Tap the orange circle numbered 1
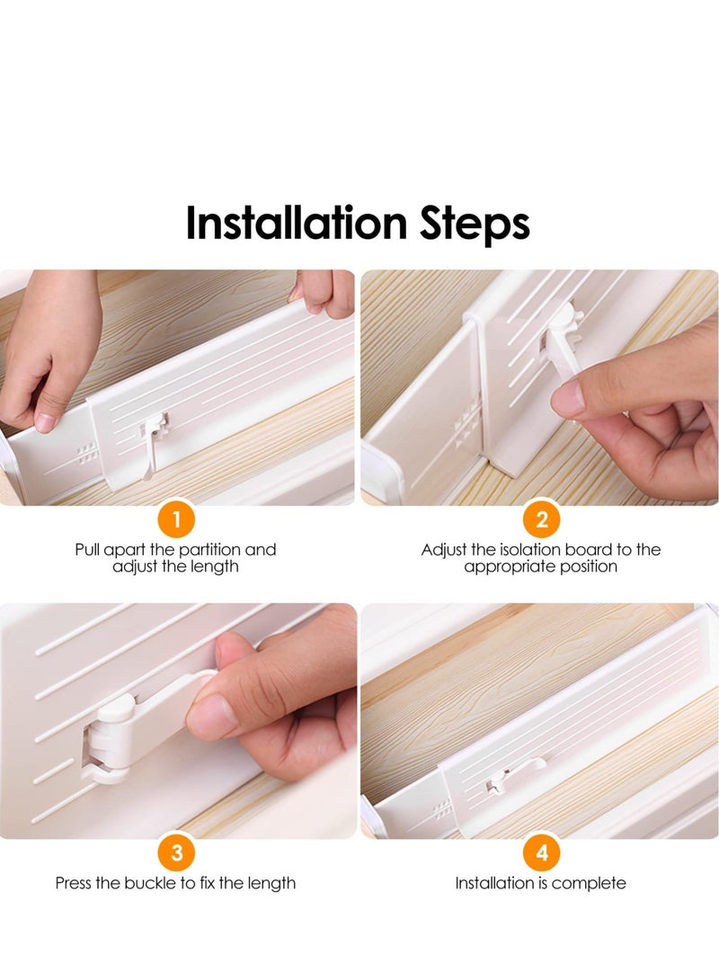[177, 519]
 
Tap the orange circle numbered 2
[541, 519]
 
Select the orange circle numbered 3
[177, 853]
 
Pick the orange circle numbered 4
[541, 853]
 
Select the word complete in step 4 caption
[590, 883]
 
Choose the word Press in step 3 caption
[74, 883]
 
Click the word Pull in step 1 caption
[87, 550]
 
